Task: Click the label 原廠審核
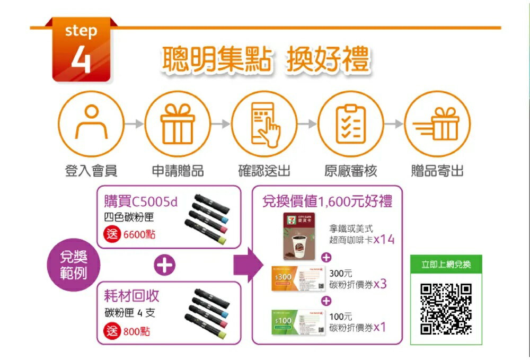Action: [351, 171]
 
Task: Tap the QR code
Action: [446, 309]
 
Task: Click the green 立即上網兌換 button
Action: [446, 264]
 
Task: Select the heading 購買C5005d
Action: [141, 201]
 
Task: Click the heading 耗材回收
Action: [132, 296]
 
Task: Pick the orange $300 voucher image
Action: [298, 279]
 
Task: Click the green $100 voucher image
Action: [298, 322]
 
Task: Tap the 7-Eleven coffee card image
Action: [298, 235]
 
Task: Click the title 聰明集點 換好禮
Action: [264, 60]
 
